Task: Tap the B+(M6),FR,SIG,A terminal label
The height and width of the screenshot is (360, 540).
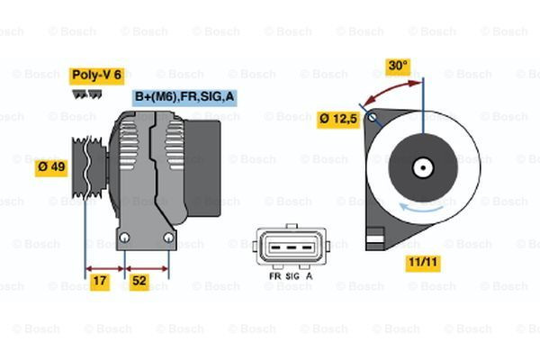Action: pos(184,96)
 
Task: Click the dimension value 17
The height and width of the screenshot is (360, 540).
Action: pos(100,283)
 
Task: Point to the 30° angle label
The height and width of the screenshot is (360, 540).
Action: pos(397,66)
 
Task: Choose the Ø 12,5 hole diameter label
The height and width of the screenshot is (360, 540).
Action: pos(339,118)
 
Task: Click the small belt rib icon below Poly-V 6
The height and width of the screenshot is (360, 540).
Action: pos(86,93)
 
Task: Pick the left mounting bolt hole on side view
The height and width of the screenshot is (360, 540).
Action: pos(125,238)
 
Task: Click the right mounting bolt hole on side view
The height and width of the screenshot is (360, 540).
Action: pos(168,238)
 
